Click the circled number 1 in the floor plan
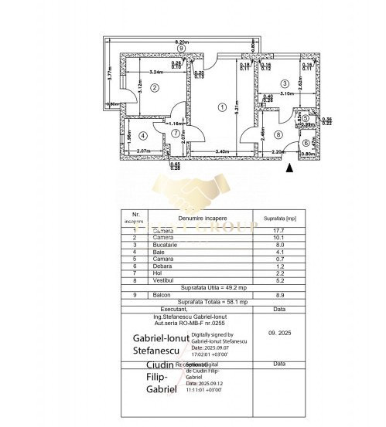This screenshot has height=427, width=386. click(222, 107)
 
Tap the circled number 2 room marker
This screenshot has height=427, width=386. click(155, 88)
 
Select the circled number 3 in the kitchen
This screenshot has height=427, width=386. click(285, 83)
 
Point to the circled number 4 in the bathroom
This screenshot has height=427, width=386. click(142, 136)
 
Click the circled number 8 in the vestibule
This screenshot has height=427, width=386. click(278, 135)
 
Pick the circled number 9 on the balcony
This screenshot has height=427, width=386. click(181, 48)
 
